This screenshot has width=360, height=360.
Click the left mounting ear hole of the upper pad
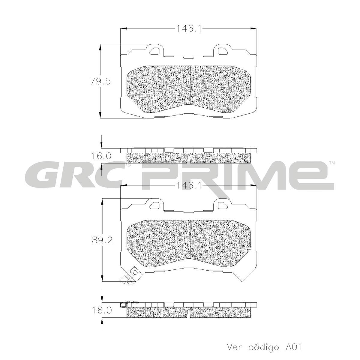click(x=155, y=50)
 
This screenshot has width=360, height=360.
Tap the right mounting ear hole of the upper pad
click(x=222, y=50)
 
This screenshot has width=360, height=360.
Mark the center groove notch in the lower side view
click(x=188, y=313)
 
